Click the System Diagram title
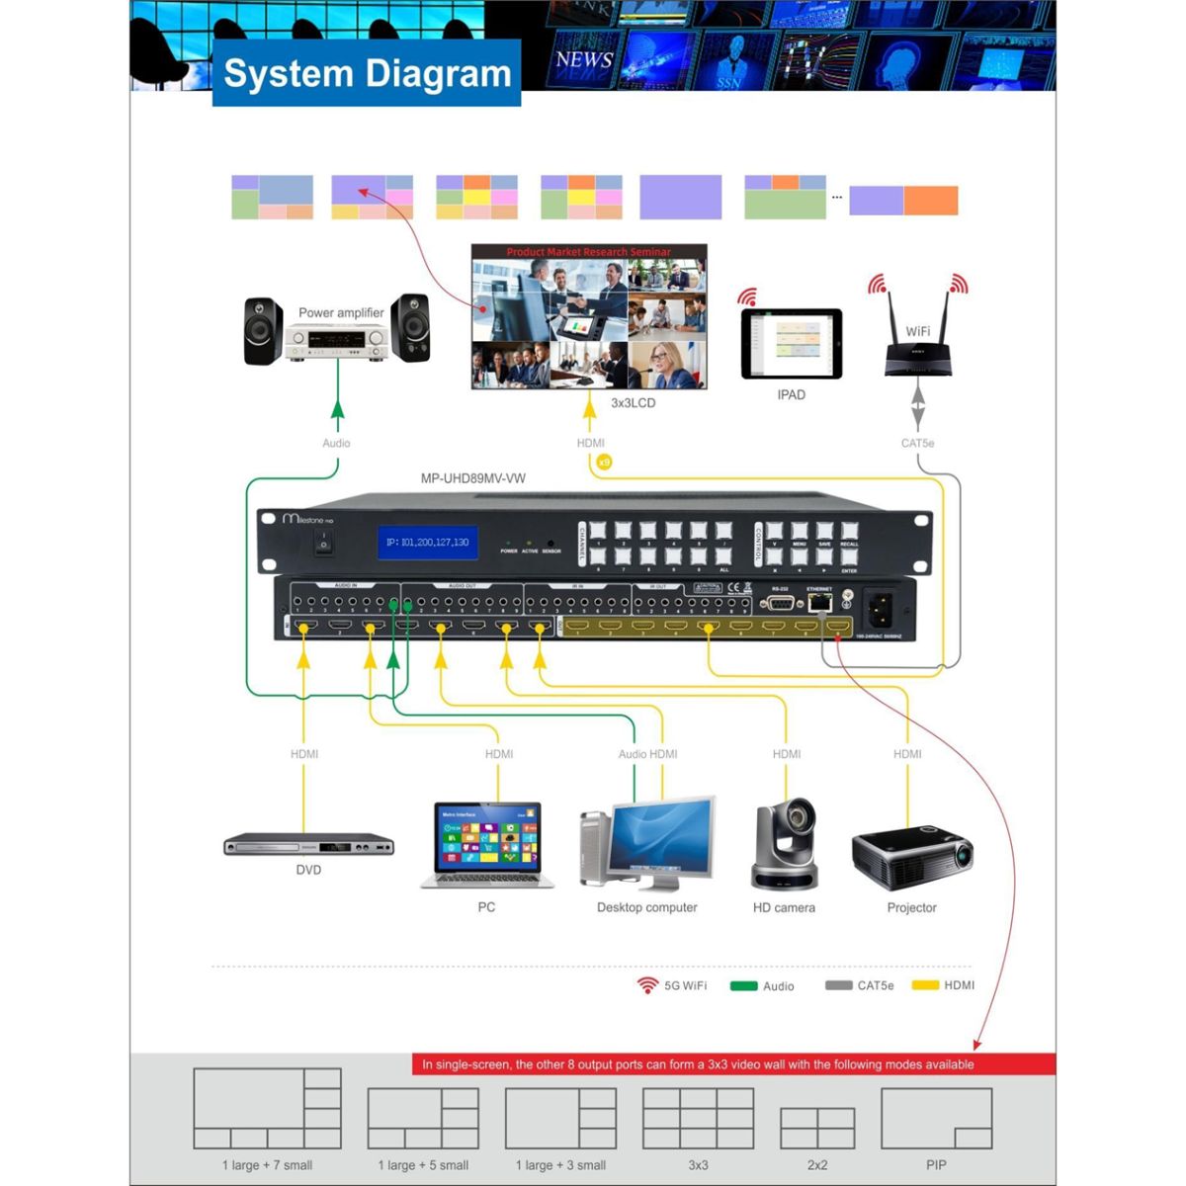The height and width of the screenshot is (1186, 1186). pyautogui.click(x=367, y=73)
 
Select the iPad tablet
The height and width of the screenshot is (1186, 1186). pyautogui.click(x=792, y=343)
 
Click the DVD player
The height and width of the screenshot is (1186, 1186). pyautogui.click(x=308, y=845)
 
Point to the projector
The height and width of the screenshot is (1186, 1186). pyautogui.click(x=911, y=858)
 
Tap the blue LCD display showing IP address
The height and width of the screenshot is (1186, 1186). pyautogui.click(x=427, y=543)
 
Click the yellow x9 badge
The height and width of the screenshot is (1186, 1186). pyautogui.click(x=605, y=462)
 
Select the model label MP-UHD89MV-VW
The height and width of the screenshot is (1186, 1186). pyautogui.click(x=473, y=478)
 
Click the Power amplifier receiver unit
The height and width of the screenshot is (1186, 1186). pyautogui.click(x=336, y=343)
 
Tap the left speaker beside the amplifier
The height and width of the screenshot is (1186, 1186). pyautogui.click(x=264, y=330)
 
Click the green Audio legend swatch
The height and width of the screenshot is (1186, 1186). pyautogui.click(x=743, y=985)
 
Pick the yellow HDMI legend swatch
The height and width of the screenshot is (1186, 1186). pyautogui.click(x=925, y=985)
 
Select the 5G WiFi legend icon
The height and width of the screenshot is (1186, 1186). pyautogui.click(x=647, y=985)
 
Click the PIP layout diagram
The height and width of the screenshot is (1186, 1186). pyautogui.click(x=935, y=1119)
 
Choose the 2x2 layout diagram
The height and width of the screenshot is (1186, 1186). pyautogui.click(x=817, y=1128)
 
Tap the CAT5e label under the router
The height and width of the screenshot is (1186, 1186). pyautogui.click(x=917, y=443)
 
